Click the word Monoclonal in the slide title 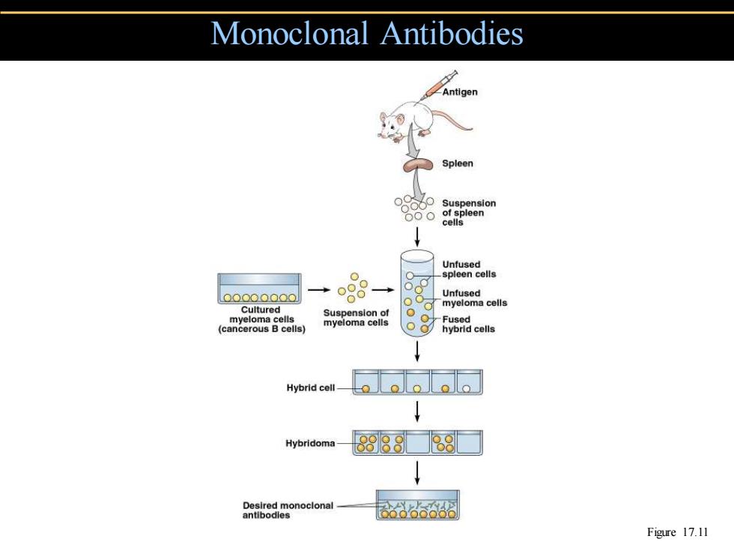pyautogui.click(x=290, y=33)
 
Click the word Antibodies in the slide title pyautogui.click(x=452, y=33)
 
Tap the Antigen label pyautogui.click(x=460, y=91)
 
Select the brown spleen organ pyautogui.click(x=418, y=165)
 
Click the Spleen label pyautogui.click(x=458, y=163)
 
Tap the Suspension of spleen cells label pyautogui.click(x=469, y=213)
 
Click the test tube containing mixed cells pyautogui.click(x=417, y=294)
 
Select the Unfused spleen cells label pyautogui.click(x=469, y=269)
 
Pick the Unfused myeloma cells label pyautogui.click(x=474, y=298)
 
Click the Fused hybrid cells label pyautogui.click(x=468, y=324)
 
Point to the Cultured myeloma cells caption pyautogui.click(x=261, y=319)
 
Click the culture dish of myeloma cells pyautogui.click(x=259, y=289)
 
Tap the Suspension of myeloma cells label pyautogui.click(x=356, y=318)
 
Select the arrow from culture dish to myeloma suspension pyautogui.click(x=319, y=290)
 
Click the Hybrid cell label pyautogui.click(x=311, y=388)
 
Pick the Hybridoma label pyautogui.click(x=310, y=443)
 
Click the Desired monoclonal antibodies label pyautogui.click(x=288, y=511)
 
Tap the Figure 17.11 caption pyautogui.click(x=677, y=532)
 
